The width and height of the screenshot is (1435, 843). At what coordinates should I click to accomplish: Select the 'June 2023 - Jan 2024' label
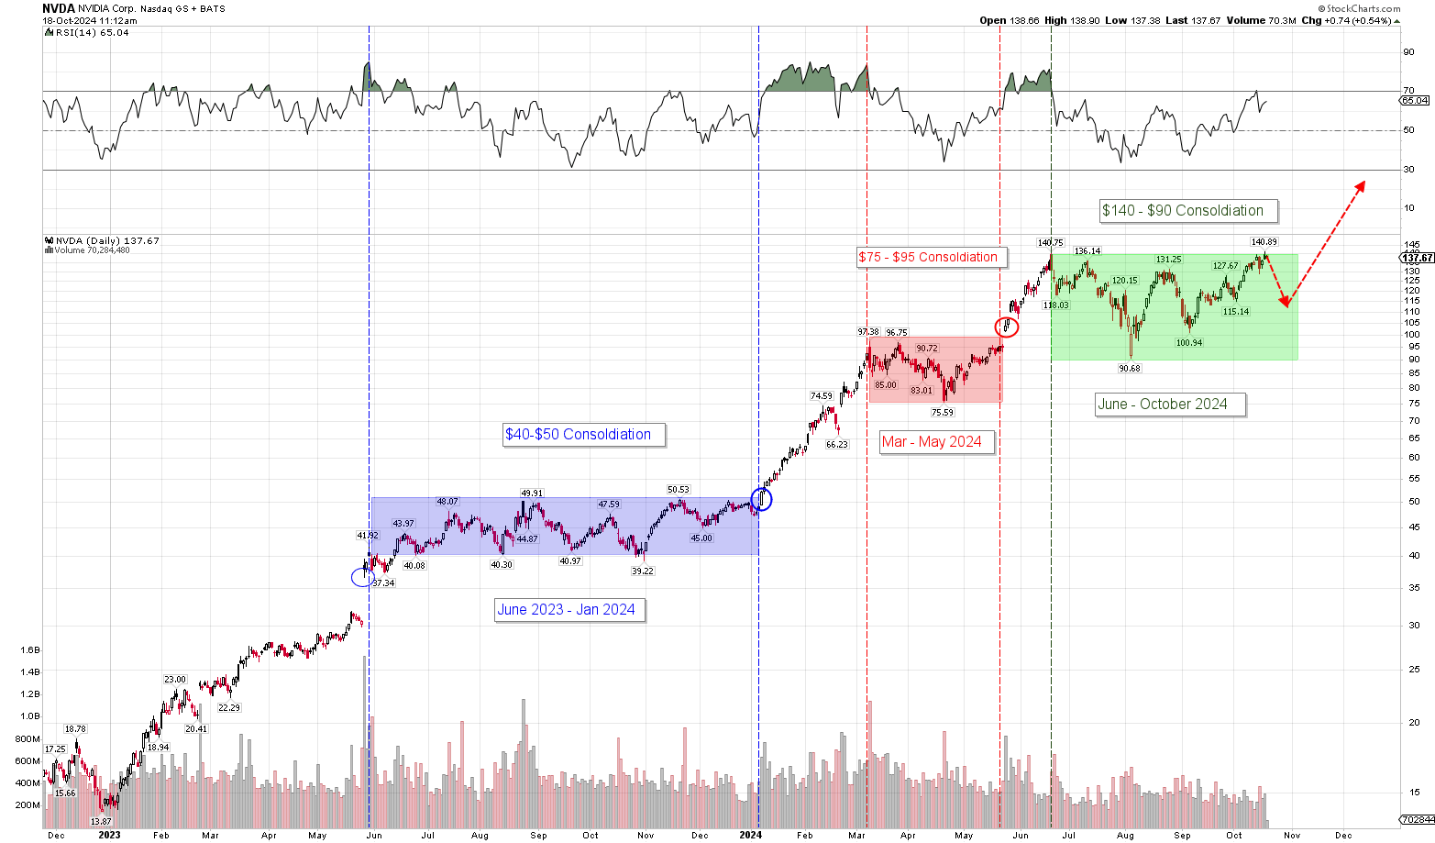tap(566, 610)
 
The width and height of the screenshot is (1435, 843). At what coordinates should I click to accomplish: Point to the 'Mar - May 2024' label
tap(932, 442)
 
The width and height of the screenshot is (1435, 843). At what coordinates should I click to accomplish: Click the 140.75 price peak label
tap(1050, 243)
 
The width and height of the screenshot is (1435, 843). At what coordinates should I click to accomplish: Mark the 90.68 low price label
tap(1129, 369)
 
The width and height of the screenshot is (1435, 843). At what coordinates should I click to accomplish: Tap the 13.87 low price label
tap(101, 822)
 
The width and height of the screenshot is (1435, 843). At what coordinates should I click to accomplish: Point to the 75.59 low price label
tap(943, 413)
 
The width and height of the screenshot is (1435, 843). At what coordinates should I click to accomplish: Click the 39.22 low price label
tap(643, 571)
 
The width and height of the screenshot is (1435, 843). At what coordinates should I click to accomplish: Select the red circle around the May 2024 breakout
tap(1007, 326)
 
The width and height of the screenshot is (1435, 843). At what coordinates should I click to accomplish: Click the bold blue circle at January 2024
tap(761, 499)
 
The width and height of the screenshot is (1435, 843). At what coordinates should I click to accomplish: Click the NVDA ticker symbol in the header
tap(58, 8)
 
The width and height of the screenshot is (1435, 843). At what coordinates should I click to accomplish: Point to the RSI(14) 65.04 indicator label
tap(86, 32)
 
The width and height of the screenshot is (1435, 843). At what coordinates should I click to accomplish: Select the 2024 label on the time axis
tap(750, 835)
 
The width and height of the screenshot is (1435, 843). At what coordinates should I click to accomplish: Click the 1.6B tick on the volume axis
tap(29, 649)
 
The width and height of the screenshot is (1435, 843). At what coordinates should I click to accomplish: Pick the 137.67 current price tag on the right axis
tap(1418, 258)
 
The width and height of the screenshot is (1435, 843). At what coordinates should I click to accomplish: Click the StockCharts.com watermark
tap(1363, 8)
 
